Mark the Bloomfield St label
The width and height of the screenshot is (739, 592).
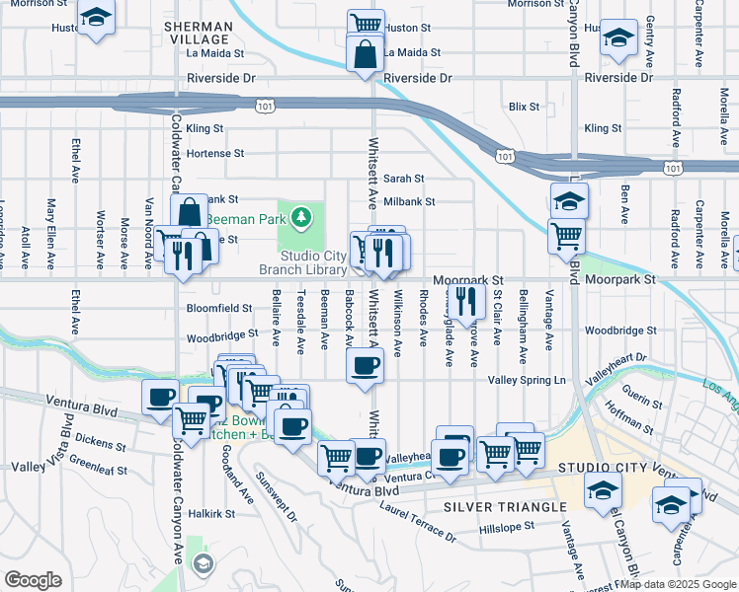coord(219,308)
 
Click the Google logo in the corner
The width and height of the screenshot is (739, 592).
coord(33,580)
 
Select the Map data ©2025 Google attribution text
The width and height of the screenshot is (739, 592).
coord(678,584)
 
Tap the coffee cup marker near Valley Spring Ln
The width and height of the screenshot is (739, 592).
coord(365,365)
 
